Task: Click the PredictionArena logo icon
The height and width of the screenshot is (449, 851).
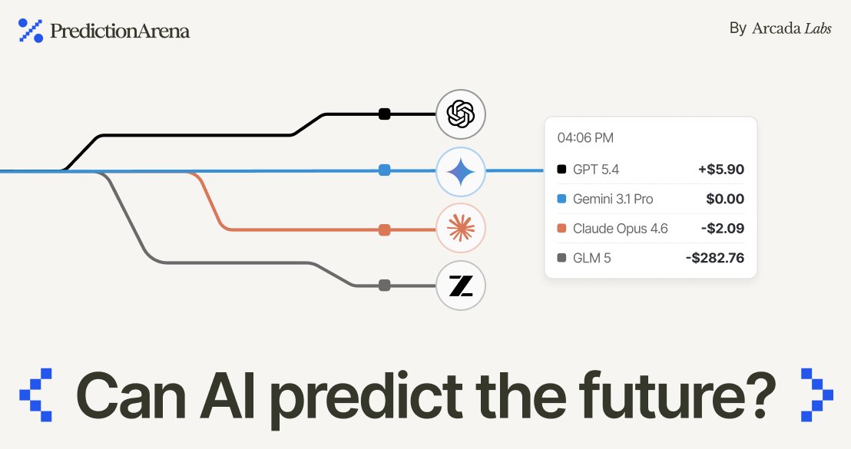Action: [30, 30]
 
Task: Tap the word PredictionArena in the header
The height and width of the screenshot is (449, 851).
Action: [119, 31]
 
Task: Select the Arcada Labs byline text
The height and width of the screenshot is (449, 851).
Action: [780, 28]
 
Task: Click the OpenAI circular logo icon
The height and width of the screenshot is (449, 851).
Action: [461, 114]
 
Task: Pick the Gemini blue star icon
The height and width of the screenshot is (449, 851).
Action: [461, 171]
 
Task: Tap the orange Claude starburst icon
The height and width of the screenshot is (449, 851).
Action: [461, 229]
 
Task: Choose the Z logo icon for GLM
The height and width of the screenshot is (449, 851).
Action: [461, 286]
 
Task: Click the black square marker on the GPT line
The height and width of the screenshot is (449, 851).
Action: [385, 114]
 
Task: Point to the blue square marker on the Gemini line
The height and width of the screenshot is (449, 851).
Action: [385, 170]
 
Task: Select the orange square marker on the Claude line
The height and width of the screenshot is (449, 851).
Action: [385, 229]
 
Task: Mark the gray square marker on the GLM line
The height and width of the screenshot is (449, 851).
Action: [385, 286]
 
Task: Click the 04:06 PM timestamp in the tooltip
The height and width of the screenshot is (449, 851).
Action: [585, 138]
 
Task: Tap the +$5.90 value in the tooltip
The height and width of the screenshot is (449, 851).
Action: [720, 170]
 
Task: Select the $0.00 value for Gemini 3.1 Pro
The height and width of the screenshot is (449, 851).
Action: [725, 199]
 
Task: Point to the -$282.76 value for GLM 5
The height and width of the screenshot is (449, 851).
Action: [714, 258]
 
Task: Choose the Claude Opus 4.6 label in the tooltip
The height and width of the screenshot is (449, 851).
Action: [621, 229]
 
